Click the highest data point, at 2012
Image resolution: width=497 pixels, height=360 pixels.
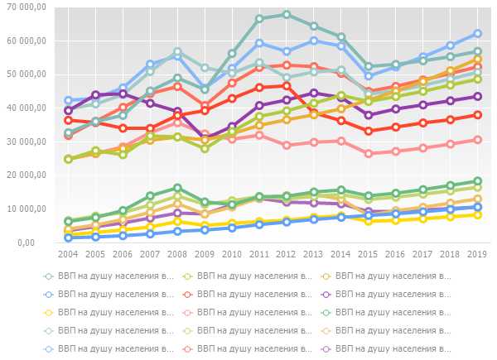click(287, 14)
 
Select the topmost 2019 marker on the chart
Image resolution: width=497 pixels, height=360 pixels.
click(477, 34)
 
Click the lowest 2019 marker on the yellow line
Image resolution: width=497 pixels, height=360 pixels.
click(477, 214)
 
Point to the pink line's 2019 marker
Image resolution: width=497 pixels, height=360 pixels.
click(477, 139)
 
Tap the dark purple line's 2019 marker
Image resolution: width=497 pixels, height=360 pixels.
click(477, 96)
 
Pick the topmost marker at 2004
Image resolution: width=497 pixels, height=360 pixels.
click(69, 100)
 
